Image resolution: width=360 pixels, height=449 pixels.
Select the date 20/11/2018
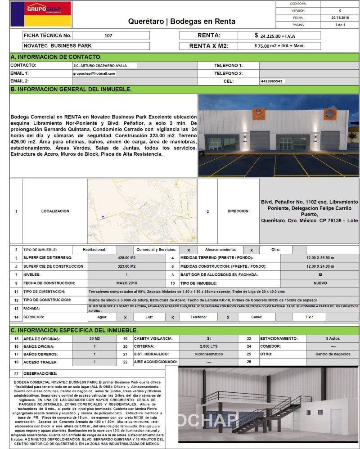pos(340,18)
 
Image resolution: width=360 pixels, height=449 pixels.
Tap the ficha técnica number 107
pos(108,36)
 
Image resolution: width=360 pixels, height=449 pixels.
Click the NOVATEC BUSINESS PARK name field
pos(57,46)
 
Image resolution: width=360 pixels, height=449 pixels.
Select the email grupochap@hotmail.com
pos(94,73)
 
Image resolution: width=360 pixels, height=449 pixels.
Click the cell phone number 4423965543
pos(273,81)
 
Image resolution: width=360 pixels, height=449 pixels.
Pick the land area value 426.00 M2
pos(126,258)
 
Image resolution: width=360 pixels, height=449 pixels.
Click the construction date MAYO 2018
pos(126,283)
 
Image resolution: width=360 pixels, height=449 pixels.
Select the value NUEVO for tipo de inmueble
pos(320,283)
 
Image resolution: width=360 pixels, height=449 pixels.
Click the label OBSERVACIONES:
pos(40,373)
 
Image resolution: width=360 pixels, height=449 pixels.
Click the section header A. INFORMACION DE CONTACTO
pos(56,57)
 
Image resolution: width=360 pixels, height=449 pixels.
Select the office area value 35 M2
pos(95,338)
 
